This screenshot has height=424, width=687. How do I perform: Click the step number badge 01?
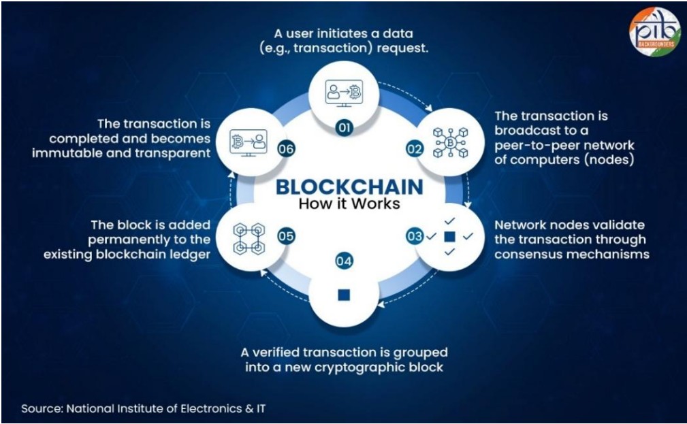point(345,127)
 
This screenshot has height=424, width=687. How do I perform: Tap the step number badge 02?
point(414,149)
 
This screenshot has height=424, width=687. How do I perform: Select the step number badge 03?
point(414,237)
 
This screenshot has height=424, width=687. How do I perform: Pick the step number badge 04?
point(344,261)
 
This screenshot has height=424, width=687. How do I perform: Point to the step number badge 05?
point(286,237)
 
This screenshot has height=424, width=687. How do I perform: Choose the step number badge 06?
point(286,149)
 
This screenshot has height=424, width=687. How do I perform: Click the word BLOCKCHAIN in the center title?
point(349,187)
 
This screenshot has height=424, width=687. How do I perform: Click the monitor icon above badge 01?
point(344,93)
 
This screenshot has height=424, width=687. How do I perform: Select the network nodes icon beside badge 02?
point(450,142)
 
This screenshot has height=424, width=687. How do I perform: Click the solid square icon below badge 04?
point(344,295)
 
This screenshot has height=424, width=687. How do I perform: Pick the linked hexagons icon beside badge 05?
point(249,239)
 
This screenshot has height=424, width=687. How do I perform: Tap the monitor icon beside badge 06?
point(249,143)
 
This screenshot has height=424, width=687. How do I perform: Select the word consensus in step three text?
point(530,254)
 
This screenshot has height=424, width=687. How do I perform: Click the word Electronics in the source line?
point(211,408)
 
